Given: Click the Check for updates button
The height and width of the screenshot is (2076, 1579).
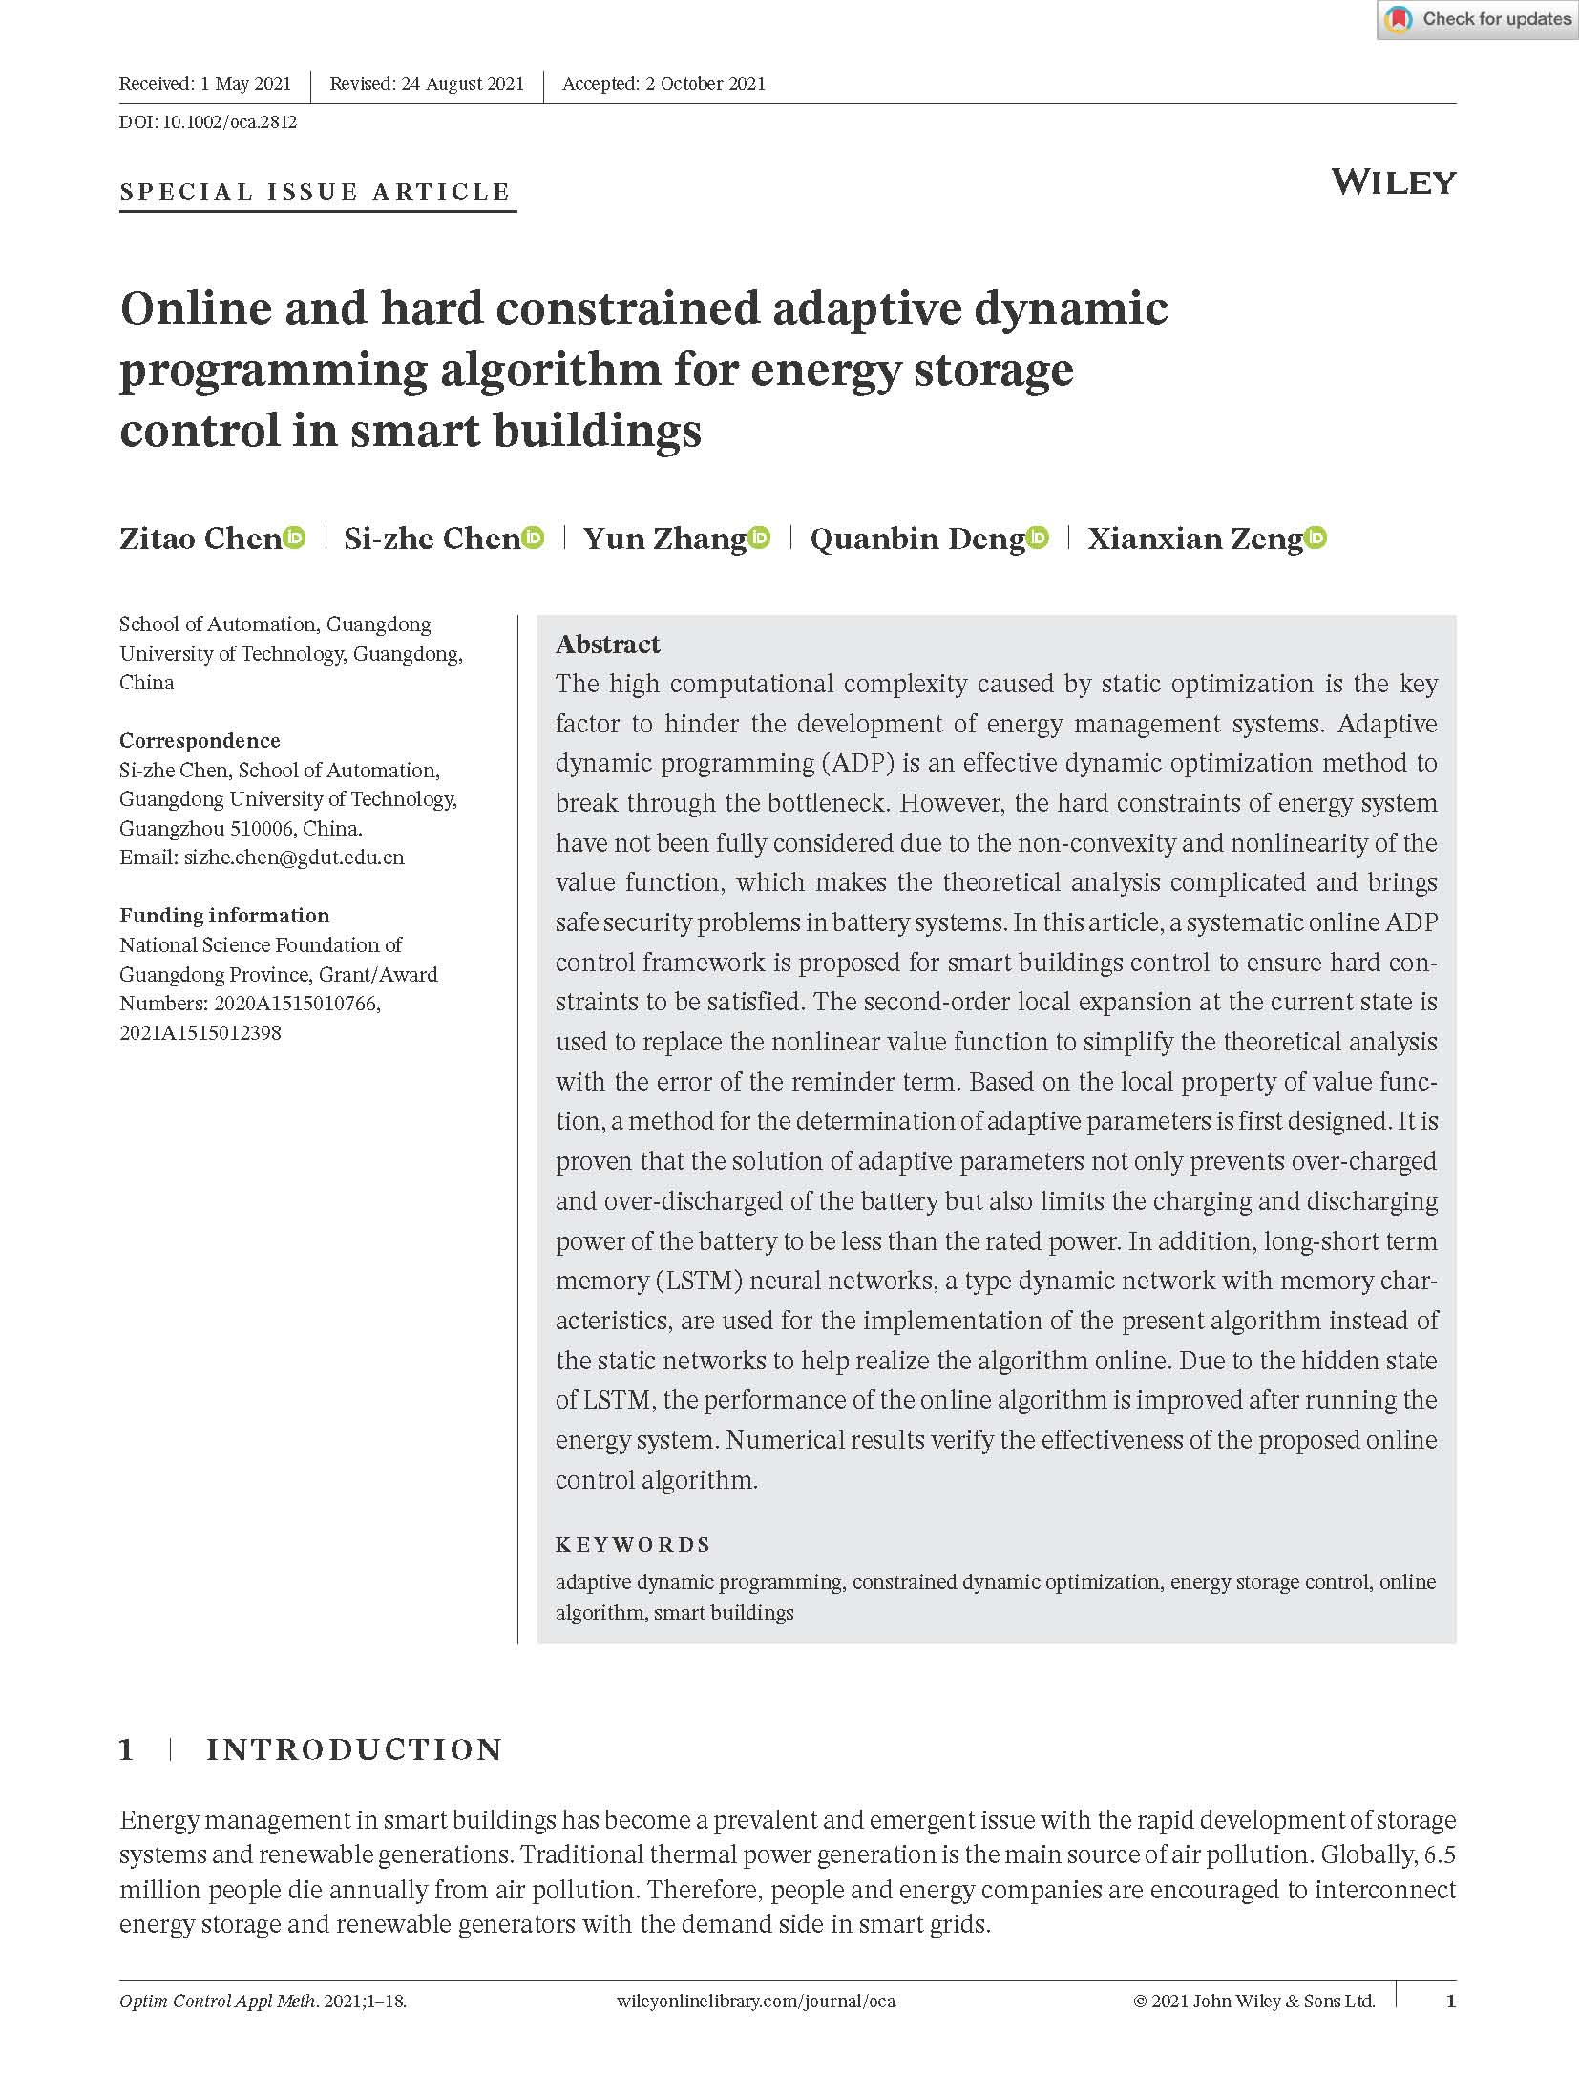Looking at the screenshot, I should click(x=1477, y=19).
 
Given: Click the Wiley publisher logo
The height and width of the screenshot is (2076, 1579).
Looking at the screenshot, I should click(x=1393, y=181).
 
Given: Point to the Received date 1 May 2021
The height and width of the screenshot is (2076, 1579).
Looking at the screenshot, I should click(x=245, y=84).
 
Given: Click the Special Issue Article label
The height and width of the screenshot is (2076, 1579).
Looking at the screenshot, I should click(x=316, y=192).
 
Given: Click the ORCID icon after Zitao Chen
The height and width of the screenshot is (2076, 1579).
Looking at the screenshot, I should click(x=295, y=539).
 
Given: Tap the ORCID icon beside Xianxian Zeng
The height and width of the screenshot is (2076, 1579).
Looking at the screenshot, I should click(x=1316, y=539).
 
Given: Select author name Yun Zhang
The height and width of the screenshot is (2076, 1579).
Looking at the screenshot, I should click(x=664, y=540).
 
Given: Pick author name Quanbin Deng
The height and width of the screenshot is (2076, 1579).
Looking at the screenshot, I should click(x=916, y=540).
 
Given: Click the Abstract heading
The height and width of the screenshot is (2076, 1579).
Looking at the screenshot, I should click(x=608, y=645).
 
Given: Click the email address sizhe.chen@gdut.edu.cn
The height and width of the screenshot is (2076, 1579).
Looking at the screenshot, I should click(x=294, y=858).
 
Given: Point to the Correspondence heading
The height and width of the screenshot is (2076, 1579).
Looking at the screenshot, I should click(x=200, y=741).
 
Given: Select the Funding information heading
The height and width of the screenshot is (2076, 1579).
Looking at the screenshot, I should click(x=224, y=916).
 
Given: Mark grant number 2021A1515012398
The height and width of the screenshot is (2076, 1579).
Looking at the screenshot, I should click(x=200, y=1033).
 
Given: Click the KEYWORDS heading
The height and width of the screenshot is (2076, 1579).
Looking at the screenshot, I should click(x=633, y=1545).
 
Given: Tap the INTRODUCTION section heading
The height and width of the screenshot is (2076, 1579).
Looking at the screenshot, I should click(x=354, y=1750).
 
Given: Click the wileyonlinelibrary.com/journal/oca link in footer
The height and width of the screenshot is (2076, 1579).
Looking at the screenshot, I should click(x=756, y=2002).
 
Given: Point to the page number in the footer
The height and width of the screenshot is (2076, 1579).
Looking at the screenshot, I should click(x=1451, y=2002).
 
